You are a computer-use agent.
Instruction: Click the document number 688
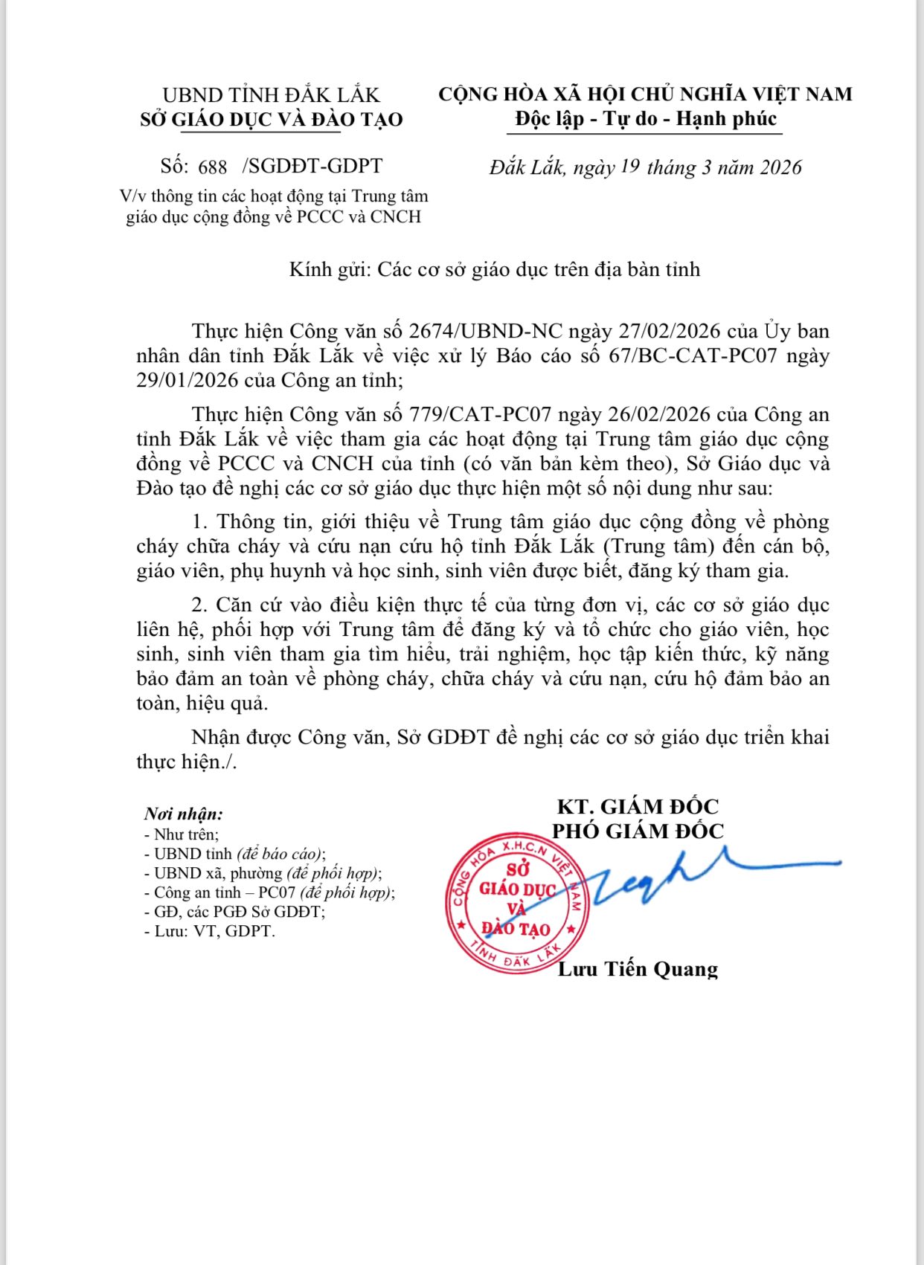213,167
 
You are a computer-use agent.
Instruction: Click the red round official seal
515,903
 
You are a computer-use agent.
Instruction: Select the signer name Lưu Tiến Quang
638,969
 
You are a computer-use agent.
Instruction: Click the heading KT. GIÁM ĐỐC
638,806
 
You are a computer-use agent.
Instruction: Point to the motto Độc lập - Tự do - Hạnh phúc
644,119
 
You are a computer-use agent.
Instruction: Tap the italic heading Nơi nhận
183,814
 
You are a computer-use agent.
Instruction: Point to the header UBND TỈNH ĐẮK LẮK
271,95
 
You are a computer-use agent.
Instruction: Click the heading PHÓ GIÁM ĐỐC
638,831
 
